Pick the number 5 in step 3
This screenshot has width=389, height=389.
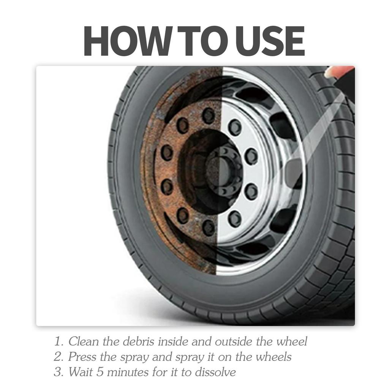click(100, 372)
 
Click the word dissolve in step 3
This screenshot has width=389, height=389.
click(215, 372)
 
